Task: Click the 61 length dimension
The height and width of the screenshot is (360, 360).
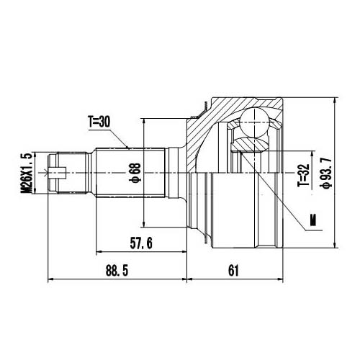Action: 233,271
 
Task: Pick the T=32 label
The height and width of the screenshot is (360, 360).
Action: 304,176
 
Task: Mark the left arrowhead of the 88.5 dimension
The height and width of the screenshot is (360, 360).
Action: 50,278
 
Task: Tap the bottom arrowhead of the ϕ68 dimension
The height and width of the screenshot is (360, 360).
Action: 145,224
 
